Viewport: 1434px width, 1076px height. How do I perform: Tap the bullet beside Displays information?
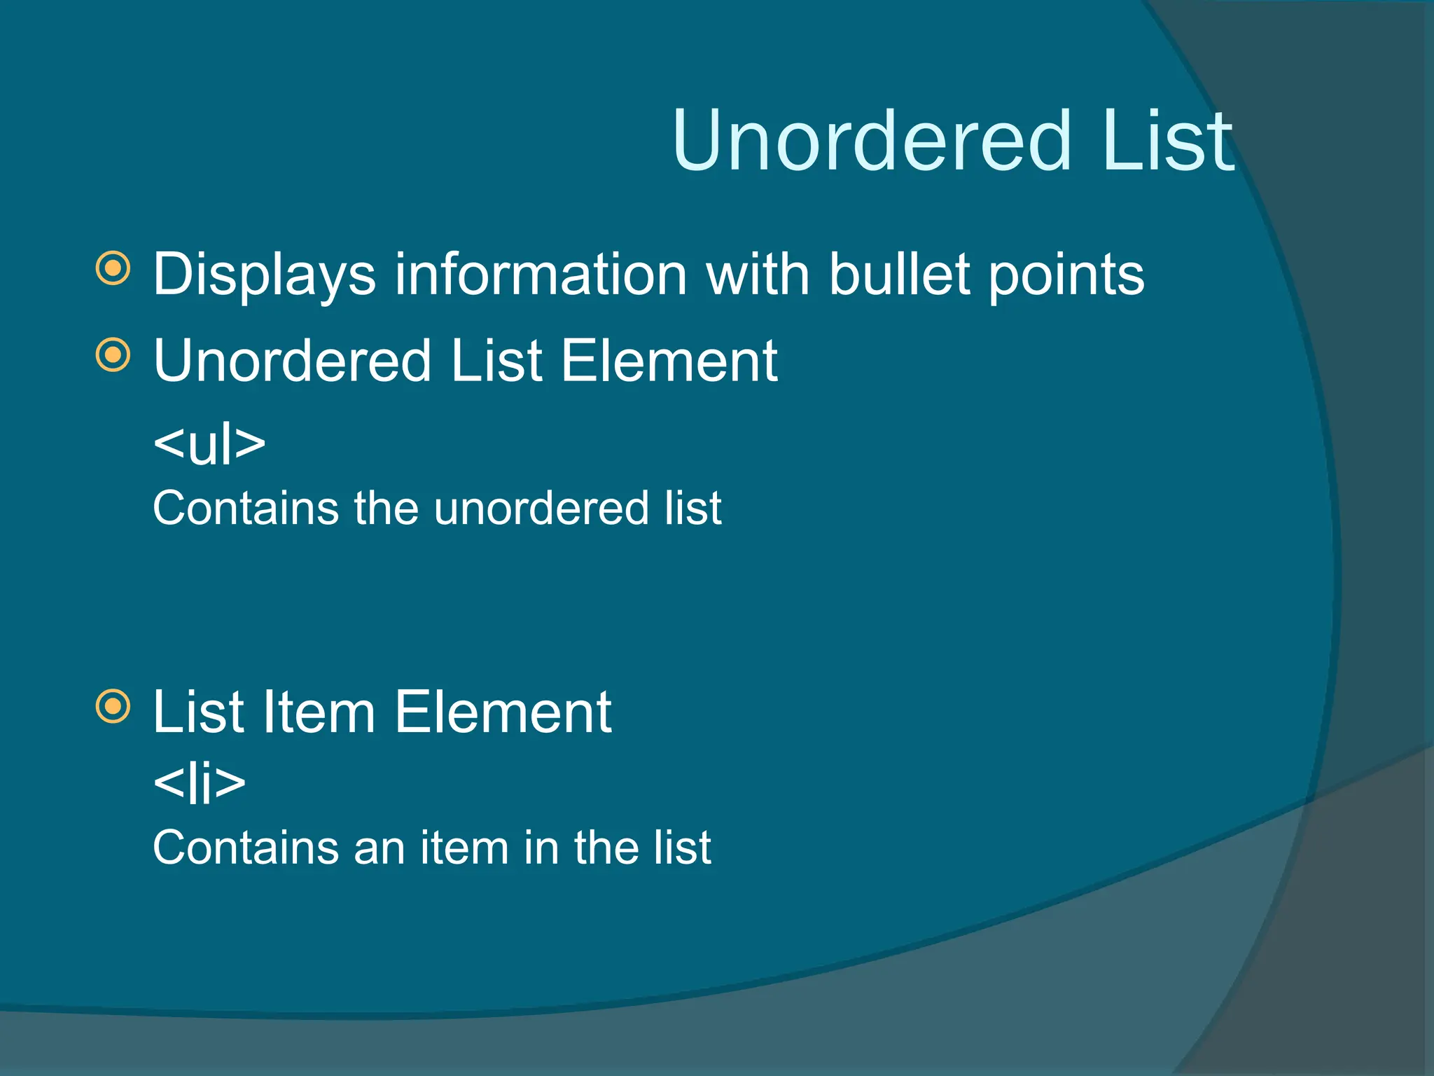pyautogui.click(x=113, y=268)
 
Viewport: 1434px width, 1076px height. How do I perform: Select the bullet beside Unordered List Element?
pyautogui.click(x=113, y=354)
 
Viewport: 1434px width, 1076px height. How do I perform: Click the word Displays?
pyautogui.click(x=264, y=275)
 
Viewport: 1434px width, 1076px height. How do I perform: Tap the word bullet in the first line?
pyautogui.click(x=899, y=275)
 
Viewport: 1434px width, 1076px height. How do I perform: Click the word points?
pyautogui.click(x=1066, y=275)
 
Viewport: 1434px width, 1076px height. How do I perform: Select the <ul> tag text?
pyautogui.click(x=209, y=443)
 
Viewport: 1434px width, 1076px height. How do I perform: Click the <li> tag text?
pyautogui.click(x=200, y=782)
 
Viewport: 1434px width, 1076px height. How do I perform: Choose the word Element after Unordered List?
pyautogui.click(x=669, y=361)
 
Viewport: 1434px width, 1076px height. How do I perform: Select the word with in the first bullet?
pyautogui.click(x=758, y=275)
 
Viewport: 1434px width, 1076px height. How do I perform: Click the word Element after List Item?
pyautogui.click(x=503, y=712)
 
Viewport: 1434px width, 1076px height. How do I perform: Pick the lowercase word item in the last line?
pyautogui.click(x=464, y=848)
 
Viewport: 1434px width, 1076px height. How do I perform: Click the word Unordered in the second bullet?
pyautogui.click(x=293, y=361)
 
